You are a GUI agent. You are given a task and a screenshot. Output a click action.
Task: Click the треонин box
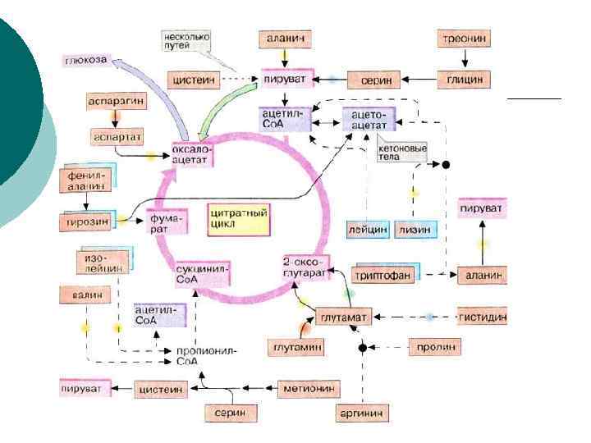click(465, 39)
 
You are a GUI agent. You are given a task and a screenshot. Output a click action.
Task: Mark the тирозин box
click(85, 222)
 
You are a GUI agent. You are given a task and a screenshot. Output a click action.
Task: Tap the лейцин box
click(367, 230)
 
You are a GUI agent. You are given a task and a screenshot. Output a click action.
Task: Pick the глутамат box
click(345, 316)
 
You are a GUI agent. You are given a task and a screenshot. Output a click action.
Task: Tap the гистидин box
click(481, 316)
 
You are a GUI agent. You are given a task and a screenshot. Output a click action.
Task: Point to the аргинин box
click(362, 413)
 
